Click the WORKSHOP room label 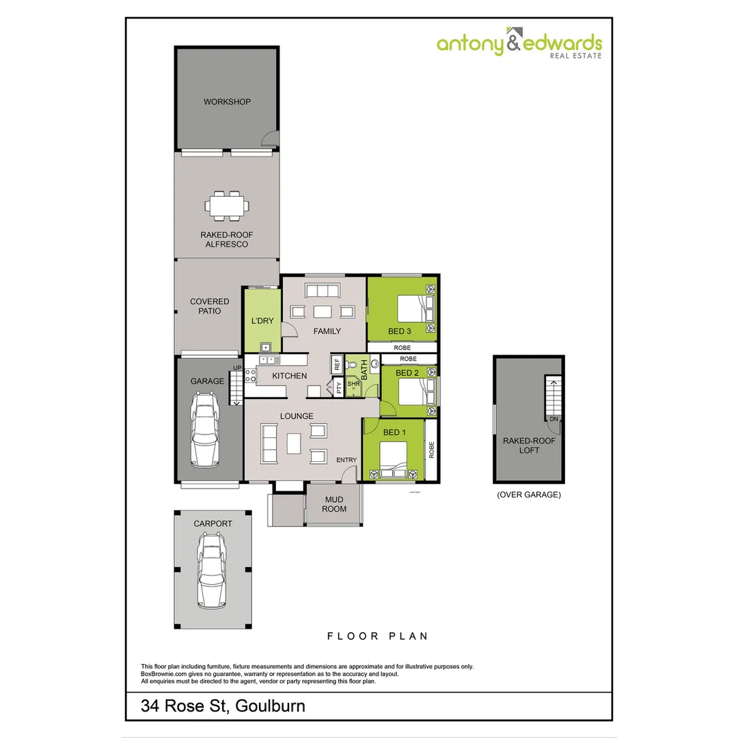[x=227, y=102]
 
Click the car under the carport [x=210, y=571]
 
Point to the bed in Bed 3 [x=409, y=309]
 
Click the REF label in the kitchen [x=337, y=365]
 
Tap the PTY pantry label [x=339, y=388]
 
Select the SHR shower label [x=353, y=384]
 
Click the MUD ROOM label [x=334, y=504]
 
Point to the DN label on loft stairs [x=553, y=418]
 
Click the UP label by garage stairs [x=237, y=368]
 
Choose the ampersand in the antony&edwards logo [x=514, y=44]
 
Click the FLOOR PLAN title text [x=377, y=636]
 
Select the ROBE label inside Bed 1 [x=431, y=450]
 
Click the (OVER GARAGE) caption [x=529, y=495]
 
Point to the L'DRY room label [x=262, y=321]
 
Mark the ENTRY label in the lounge [x=346, y=460]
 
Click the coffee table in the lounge [x=294, y=443]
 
